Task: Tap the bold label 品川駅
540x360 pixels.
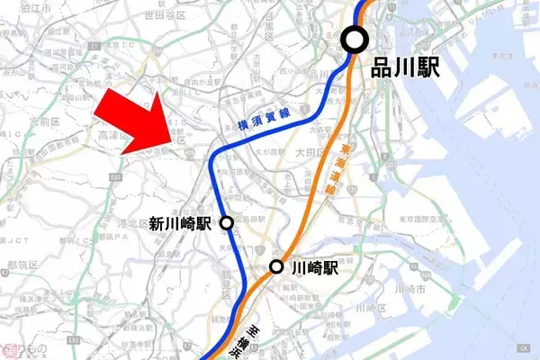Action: (407, 67)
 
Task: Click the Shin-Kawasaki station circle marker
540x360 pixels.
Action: (227, 222)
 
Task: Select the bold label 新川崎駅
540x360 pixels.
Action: (180, 223)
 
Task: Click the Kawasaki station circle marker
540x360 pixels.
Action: (278, 267)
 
